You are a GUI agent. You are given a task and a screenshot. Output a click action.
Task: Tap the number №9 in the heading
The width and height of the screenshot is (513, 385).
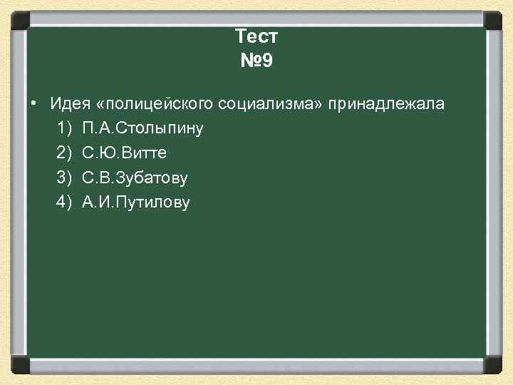pos(256,61)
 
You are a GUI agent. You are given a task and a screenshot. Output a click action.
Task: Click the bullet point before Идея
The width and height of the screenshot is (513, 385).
pos(34,104)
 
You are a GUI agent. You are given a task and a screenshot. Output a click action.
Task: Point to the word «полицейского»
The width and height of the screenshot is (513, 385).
pos(157,104)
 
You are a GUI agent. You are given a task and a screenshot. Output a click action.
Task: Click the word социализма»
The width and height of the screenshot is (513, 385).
pos(271,104)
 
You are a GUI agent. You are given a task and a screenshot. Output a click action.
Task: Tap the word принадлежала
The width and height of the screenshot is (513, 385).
pos(386,104)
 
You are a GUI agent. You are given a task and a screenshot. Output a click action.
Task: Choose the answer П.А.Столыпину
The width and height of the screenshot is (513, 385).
pos(143,129)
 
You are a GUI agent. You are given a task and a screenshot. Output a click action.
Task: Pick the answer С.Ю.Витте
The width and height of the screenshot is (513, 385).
pos(125,153)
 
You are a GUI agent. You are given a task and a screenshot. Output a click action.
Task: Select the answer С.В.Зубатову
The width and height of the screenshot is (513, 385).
pos(135,178)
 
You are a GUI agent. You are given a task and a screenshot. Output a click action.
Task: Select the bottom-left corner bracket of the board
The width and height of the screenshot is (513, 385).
pos(19,365)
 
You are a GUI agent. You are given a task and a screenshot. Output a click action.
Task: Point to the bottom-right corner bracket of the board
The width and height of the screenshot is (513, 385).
pos(493,365)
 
